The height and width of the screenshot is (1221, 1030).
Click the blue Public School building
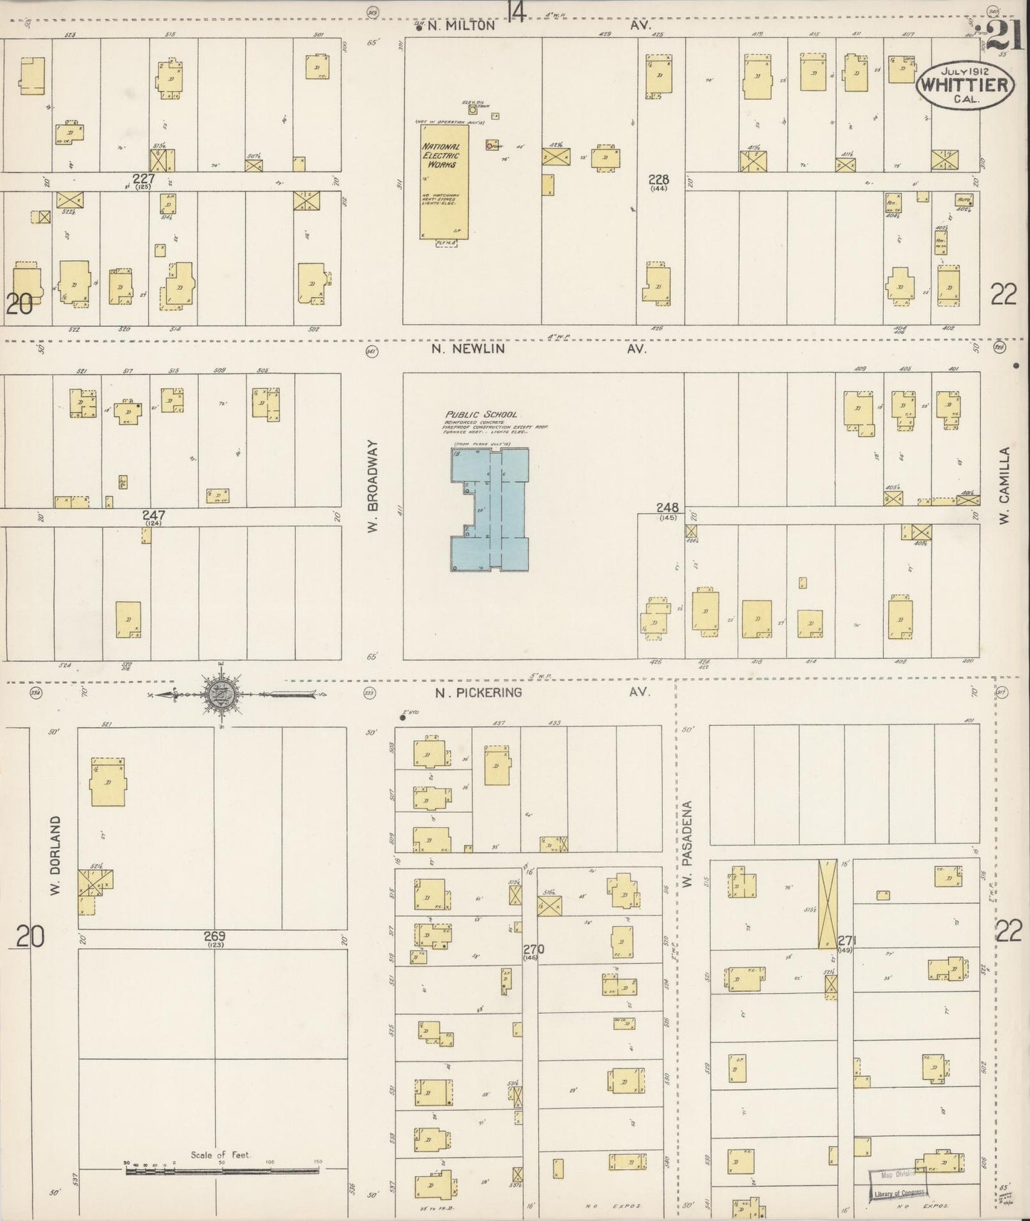(490, 509)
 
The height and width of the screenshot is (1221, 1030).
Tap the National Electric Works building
(443, 182)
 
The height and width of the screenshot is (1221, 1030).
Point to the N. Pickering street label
(478, 692)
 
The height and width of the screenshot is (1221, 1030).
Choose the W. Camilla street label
(1004, 486)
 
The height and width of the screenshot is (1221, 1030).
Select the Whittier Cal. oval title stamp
(964, 85)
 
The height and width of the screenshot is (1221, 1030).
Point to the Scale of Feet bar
(222, 1170)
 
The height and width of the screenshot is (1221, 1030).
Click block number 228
(659, 179)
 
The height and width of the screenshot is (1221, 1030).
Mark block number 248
(667, 508)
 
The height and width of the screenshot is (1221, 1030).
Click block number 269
(215, 936)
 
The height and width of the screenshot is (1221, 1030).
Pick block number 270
(533, 949)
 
